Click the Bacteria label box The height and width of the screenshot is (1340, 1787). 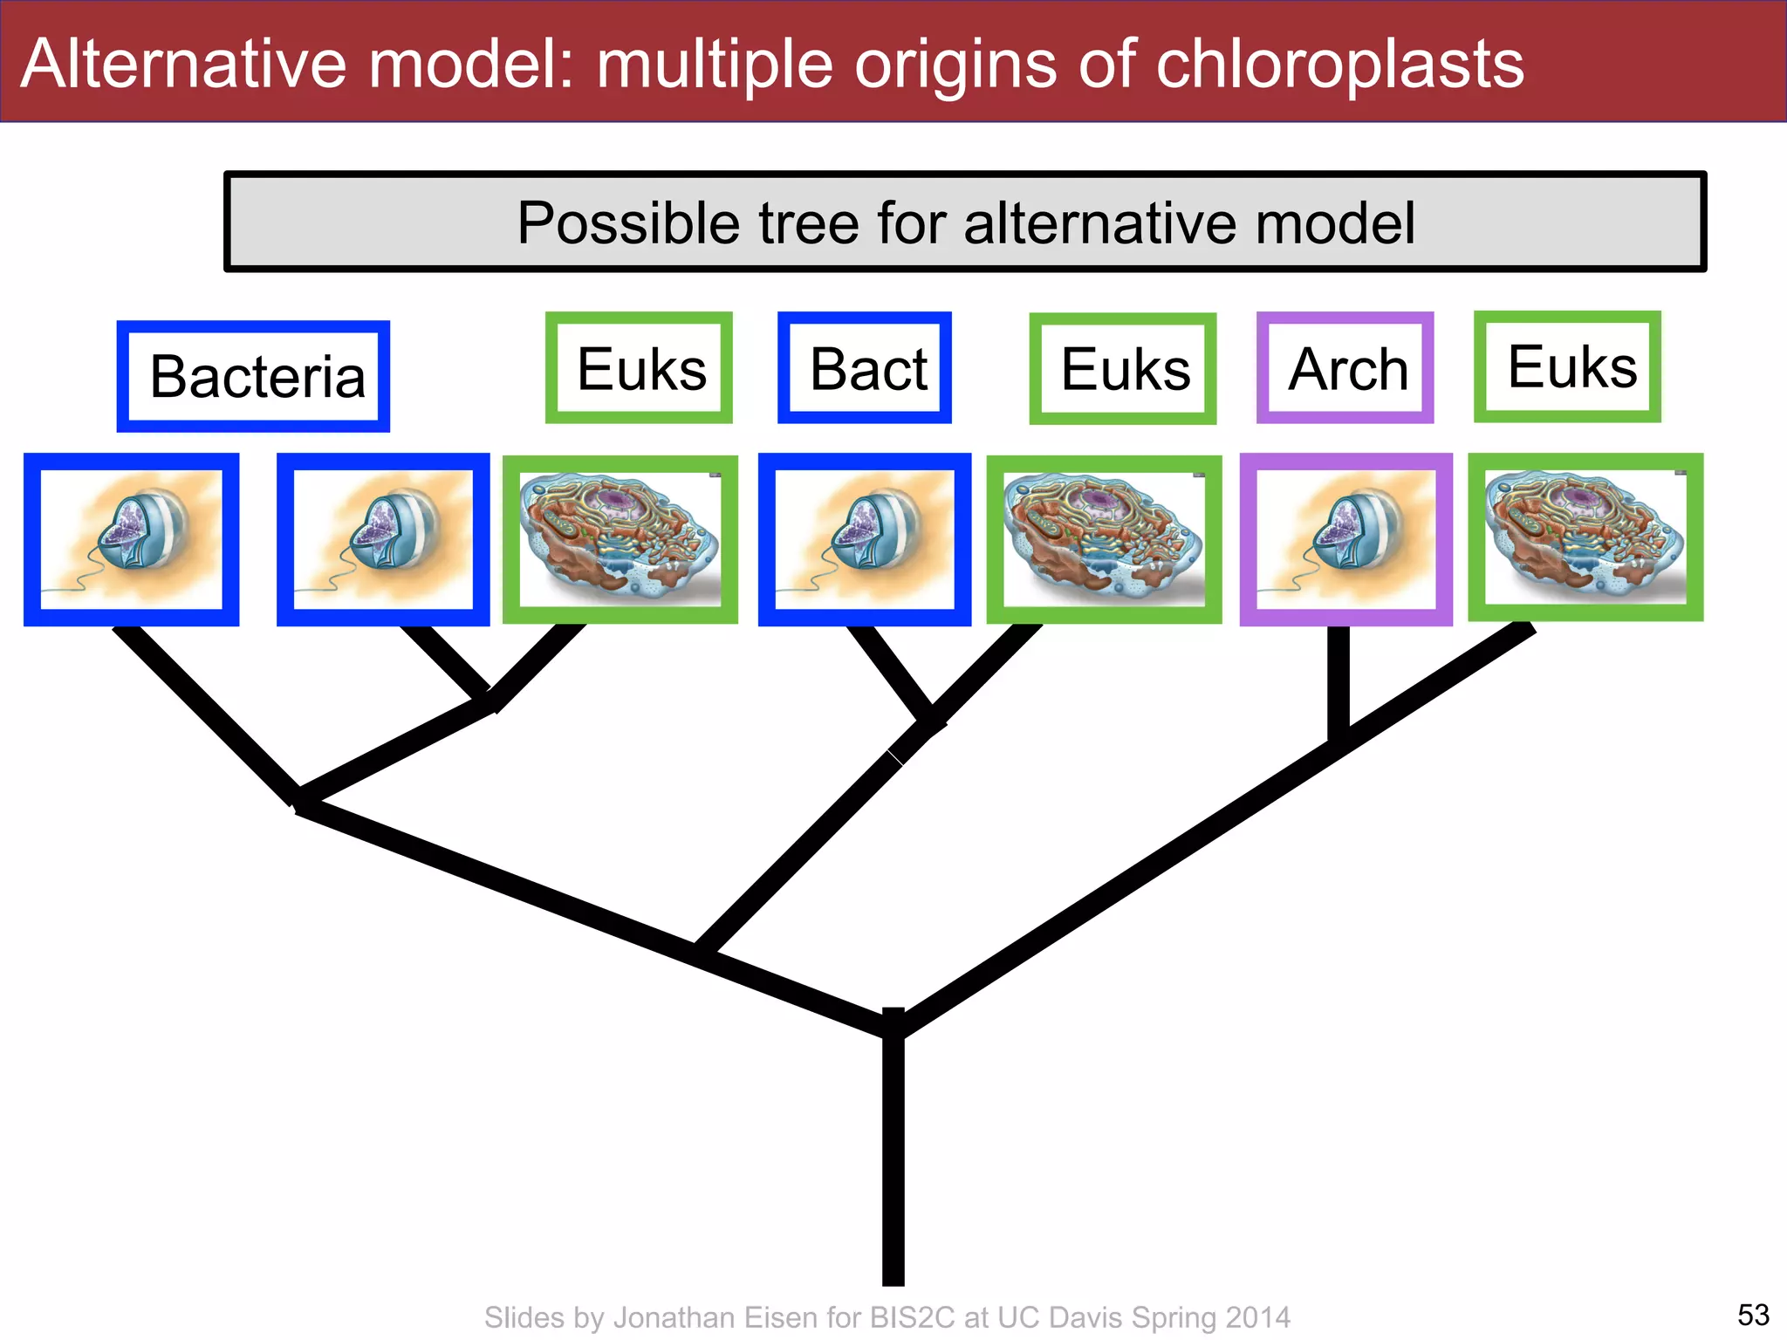point(254,376)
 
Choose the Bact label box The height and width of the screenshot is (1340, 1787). point(865,368)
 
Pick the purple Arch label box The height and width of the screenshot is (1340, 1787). point(1345,368)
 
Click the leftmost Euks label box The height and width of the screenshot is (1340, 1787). point(639,368)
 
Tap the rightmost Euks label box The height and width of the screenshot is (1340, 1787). point(1568,366)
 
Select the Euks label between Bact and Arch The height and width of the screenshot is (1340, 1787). point(1123,369)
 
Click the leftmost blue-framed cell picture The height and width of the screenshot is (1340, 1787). point(131,539)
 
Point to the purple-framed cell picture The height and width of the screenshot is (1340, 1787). point(1345,539)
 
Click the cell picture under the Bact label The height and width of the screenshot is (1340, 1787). point(865,539)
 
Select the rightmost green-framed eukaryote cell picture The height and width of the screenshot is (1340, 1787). point(1585,537)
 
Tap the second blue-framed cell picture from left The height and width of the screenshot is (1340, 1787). point(383,539)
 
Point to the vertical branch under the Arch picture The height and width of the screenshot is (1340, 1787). point(1338,680)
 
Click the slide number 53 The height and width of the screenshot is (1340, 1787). point(1753,1314)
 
